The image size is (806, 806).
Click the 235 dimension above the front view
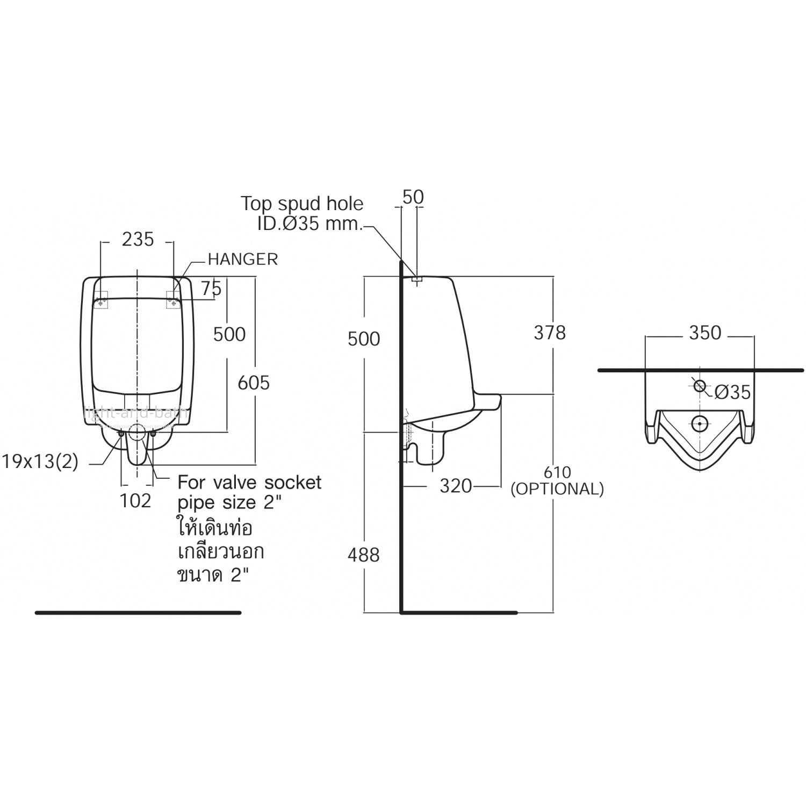pyautogui.click(x=138, y=240)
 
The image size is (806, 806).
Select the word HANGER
pyautogui.click(x=243, y=260)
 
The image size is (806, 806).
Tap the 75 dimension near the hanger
pyautogui.click(x=211, y=289)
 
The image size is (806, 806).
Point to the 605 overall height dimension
pyautogui.click(x=254, y=383)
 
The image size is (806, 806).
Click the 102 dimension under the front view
pyautogui.click(x=136, y=501)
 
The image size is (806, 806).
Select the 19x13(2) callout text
pyautogui.click(x=40, y=462)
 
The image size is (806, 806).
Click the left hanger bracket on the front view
pyautogui.click(x=101, y=300)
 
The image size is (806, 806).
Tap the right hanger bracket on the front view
pyautogui.click(x=173, y=300)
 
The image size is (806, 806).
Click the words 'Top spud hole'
pyautogui.click(x=301, y=204)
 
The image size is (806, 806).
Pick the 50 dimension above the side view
pyautogui.click(x=413, y=197)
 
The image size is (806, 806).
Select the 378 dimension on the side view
pyautogui.click(x=550, y=333)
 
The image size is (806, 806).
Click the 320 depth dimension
pyautogui.click(x=456, y=486)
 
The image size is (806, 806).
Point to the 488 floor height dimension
pyautogui.click(x=364, y=555)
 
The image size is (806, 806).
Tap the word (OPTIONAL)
pyautogui.click(x=557, y=489)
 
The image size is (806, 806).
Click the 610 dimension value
pyautogui.click(x=557, y=472)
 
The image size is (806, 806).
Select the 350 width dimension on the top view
pyautogui.click(x=705, y=333)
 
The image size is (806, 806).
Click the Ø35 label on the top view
pyautogui.click(x=732, y=392)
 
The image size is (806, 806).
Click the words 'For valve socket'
pyautogui.click(x=249, y=483)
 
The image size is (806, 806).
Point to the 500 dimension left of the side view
pyautogui.click(x=364, y=339)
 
